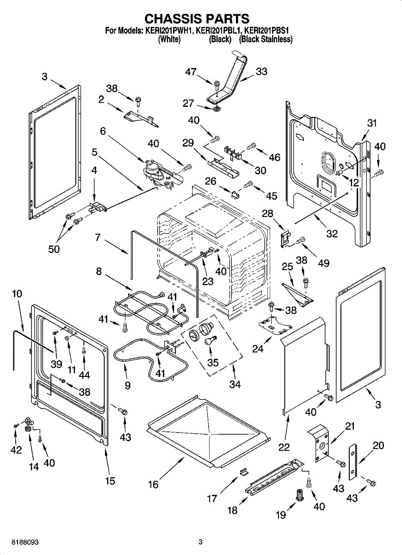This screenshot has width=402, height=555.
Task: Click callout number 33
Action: [x=261, y=72]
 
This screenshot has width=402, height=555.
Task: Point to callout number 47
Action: [x=191, y=72]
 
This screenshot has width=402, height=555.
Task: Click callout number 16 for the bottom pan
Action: [x=153, y=484]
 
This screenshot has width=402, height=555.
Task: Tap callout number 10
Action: [x=17, y=294]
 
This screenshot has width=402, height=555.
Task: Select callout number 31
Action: [x=372, y=123]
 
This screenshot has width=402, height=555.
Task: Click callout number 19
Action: [x=281, y=515]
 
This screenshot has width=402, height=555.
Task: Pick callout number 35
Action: [x=213, y=363]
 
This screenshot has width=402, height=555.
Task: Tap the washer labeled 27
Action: [x=216, y=110]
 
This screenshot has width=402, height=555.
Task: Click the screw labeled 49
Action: [x=301, y=239]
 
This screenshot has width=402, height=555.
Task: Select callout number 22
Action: [x=284, y=447]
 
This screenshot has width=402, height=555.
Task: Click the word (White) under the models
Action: [x=169, y=40]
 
